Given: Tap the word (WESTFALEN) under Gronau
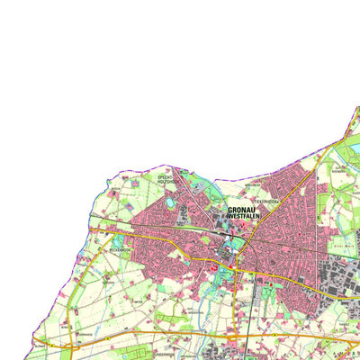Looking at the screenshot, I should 239,217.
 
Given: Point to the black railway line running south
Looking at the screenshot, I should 237,297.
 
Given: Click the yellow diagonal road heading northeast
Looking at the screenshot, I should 297,175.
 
